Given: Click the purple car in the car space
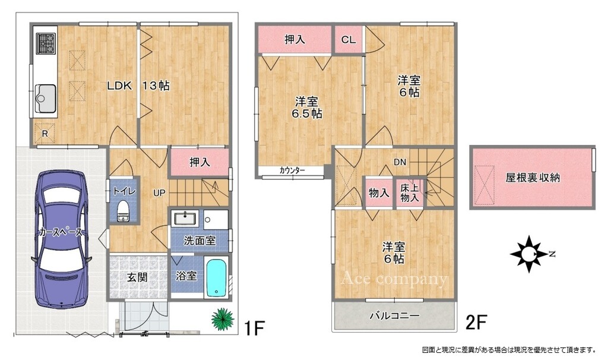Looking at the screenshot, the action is point(61,240).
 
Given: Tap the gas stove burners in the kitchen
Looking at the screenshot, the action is point(46,43).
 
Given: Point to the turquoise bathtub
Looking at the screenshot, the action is point(216,277).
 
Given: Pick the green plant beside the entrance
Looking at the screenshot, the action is point(223,319).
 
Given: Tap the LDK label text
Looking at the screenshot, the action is point(119,86).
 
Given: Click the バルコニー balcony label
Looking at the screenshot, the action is point(394,315).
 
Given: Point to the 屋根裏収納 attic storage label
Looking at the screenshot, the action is point(533,178).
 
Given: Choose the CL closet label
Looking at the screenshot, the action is point(349,40).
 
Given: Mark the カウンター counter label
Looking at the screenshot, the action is point(292,170).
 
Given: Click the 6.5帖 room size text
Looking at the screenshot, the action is point(307,113).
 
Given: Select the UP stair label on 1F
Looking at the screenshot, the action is point(159,192).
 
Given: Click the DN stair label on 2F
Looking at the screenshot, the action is point(400,162).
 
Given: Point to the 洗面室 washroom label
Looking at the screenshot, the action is point(199,241).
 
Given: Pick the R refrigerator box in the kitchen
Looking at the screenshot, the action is point(45,134).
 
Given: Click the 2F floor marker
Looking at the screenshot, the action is point(476,321).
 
